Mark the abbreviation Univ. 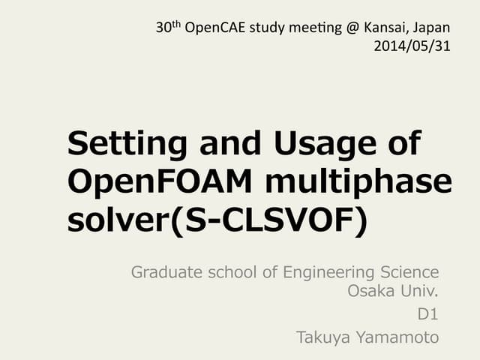pyautogui.click(x=419, y=291)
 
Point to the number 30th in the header pyautogui.click(x=166, y=28)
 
